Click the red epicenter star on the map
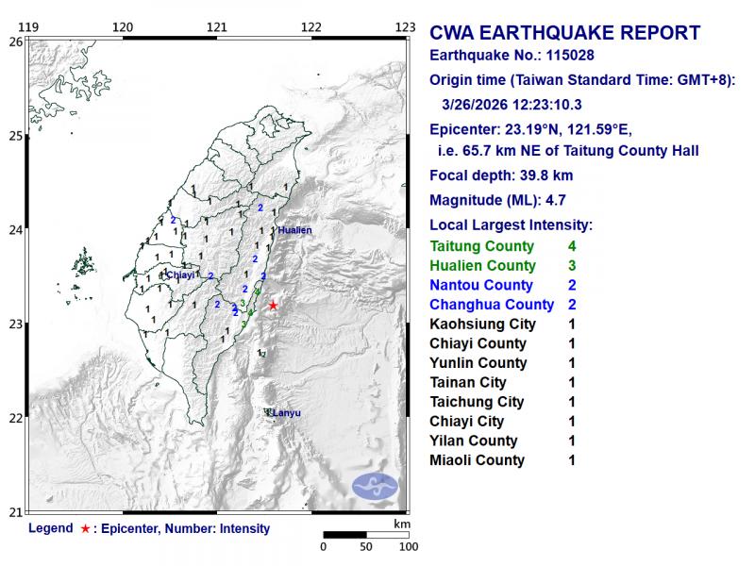pos(273,305)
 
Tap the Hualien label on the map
pos(294,229)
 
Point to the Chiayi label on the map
pos(180,275)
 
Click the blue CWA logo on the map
pos(375,487)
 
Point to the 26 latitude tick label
pos(15,42)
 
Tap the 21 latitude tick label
pos(15,512)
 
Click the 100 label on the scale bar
pos(409,546)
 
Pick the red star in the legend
pos(86,529)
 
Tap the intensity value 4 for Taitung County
pos(572,246)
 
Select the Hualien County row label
pos(482,266)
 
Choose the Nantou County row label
pos(480,285)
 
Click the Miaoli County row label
pos(477,460)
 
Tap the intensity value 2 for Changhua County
pos(572,305)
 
